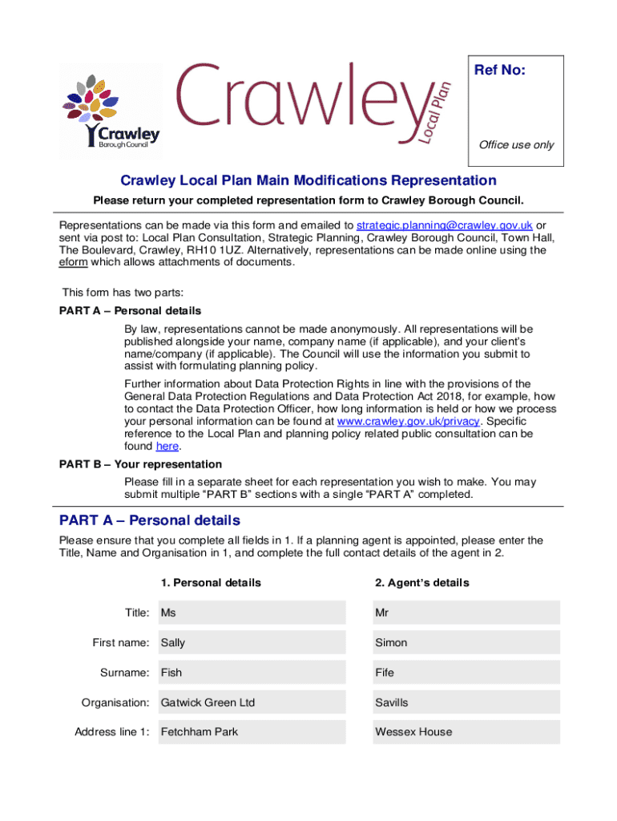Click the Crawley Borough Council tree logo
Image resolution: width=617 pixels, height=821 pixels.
tap(110, 109)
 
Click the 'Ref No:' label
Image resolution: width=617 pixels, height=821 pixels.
tap(500, 71)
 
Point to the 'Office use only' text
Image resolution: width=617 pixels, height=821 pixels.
tap(516, 145)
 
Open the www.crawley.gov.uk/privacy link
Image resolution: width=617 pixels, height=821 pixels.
tap(408, 421)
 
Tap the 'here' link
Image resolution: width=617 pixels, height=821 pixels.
tap(167, 446)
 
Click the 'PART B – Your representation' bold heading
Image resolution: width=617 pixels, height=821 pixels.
tap(141, 464)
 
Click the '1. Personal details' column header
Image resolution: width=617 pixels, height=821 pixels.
tap(211, 583)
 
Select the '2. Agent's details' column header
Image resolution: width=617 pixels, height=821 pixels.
tap(421, 583)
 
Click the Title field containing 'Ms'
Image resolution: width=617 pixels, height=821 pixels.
tap(252, 613)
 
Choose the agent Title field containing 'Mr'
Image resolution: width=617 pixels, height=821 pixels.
tap(465, 613)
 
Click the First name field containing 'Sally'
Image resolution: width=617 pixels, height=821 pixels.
tap(252, 643)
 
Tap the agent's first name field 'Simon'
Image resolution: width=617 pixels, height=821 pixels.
tap(465, 643)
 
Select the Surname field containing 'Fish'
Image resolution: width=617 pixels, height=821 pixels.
tap(252, 673)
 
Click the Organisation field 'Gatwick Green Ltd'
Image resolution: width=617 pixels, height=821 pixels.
tap(252, 702)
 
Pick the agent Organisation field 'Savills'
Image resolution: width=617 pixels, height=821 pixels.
tap(465, 702)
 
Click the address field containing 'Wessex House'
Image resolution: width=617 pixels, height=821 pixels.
tap(465, 732)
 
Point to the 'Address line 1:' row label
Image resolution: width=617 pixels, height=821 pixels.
tap(112, 732)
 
